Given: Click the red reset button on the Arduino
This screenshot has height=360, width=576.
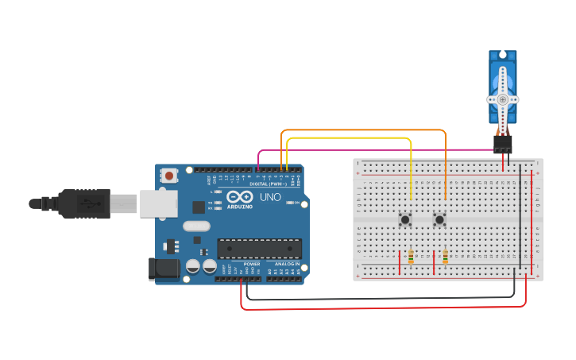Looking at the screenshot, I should (169, 175).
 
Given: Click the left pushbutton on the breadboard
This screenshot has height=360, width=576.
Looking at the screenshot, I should (405, 219).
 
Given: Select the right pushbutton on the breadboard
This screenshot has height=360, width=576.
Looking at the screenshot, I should (439, 219).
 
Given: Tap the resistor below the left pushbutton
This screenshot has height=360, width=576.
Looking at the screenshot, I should (410, 257).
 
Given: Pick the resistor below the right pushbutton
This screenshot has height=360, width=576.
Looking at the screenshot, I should (445, 257).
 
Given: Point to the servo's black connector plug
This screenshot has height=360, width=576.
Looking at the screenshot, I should (502, 144).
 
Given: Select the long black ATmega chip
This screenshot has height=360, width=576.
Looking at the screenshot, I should (259, 248).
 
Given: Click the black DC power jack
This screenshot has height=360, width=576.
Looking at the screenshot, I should (164, 269).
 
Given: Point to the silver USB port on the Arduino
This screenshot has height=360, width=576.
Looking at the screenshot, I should (158, 203).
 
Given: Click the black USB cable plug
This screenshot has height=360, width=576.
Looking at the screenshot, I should (84, 203).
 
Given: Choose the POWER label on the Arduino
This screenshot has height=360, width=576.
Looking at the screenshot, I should (252, 263).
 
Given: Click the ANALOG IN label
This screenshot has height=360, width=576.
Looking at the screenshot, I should (287, 263).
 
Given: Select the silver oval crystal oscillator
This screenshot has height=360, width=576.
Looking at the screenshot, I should (197, 226).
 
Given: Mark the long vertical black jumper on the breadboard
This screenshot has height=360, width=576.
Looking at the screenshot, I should (521, 215).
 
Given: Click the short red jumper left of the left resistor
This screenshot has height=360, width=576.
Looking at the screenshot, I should (400, 260).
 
